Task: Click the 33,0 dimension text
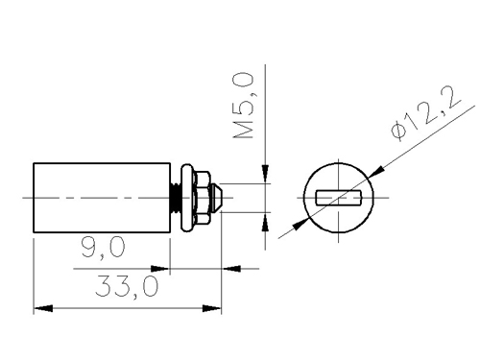[127, 286]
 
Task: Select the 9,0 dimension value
[103, 247]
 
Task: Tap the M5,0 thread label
[244, 106]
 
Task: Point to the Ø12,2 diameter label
[426, 113]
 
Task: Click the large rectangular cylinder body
[102, 198]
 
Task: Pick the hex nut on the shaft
[203, 198]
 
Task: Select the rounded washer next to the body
[187, 198]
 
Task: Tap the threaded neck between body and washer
[176, 198]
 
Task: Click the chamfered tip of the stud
[216, 198]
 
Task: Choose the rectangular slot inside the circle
[339, 198]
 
